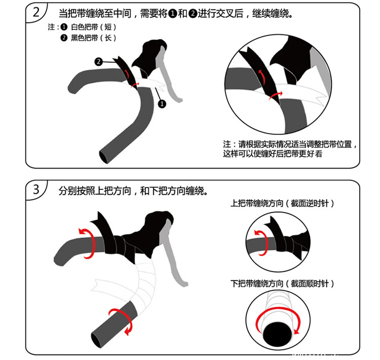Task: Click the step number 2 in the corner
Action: pyautogui.click(x=36, y=12)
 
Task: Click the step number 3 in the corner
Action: pyautogui.click(x=36, y=189)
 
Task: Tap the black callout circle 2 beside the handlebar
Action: pyautogui.click(x=98, y=62)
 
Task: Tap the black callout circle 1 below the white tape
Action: pyautogui.click(x=162, y=104)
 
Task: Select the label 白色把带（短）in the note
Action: pyautogui.click(x=94, y=27)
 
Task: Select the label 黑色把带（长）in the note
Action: pyautogui.click(x=94, y=38)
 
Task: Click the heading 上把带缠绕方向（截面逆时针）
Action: pyautogui.click(x=282, y=203)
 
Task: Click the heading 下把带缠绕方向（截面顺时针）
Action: pyautogui.click(x=282, y=283)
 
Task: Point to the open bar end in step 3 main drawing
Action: pyautogui.click(x=96, y=340)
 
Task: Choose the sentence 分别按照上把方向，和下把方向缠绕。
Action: pyautogui.click(x=133, y=191)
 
